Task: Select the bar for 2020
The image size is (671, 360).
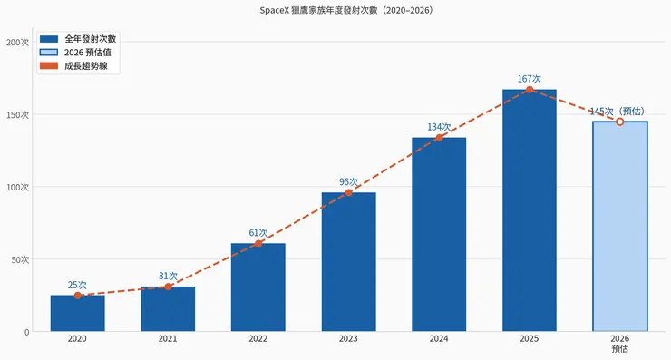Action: [77, 314]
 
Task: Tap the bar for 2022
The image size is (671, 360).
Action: [258, 287]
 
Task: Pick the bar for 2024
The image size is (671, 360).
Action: [439, 235]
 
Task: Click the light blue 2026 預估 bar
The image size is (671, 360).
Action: [619, 227]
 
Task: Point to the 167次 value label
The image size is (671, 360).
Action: [529, 79]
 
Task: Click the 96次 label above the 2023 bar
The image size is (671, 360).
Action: [348, 181]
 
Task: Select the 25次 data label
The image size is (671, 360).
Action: [77, 284]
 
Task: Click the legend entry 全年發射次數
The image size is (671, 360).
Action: [90, 39]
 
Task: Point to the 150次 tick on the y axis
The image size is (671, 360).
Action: [18, 115]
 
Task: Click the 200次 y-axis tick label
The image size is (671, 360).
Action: [18, 43]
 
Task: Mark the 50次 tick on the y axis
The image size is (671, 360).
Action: [20, 260]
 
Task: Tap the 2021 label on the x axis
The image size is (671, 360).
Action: [168, 339]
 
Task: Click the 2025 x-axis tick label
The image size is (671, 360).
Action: [529, 339]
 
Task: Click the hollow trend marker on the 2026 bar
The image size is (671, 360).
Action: [619, 122]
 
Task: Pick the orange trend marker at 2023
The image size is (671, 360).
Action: [348, 192]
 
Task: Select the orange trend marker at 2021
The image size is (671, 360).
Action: [168, 287]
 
